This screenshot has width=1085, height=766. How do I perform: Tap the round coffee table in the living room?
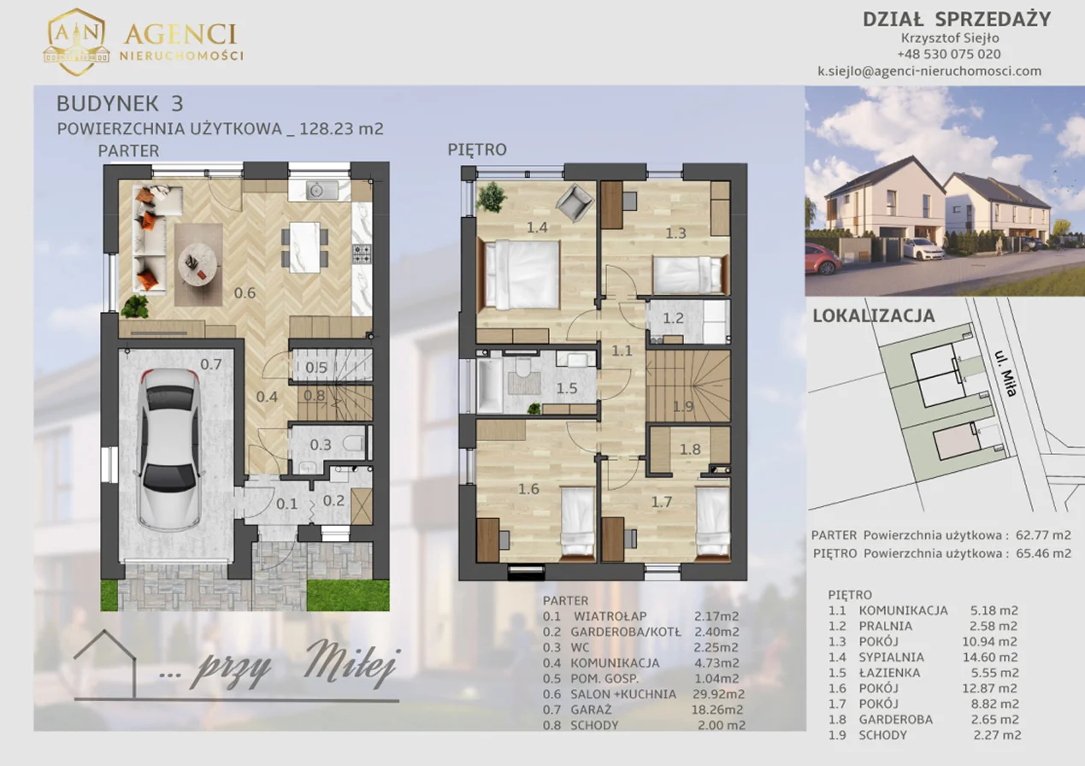[x=198, y=265]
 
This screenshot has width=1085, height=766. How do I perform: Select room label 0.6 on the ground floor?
[x=245, y=293]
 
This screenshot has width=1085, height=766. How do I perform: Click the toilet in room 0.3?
[x=354, y=443]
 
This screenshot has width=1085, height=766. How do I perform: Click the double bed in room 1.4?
[x=519, y=274]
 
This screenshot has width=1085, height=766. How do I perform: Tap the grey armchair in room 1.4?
[x=575, y=203]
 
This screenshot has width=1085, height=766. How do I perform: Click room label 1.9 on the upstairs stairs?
[x=683, y=406]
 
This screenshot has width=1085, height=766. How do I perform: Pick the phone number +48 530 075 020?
[x=949, y=54]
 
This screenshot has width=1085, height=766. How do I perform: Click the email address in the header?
[x=929, y=71]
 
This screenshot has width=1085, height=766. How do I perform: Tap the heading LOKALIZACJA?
[x=873, y=315]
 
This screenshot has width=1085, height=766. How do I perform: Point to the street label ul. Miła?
[x=1005, y=374]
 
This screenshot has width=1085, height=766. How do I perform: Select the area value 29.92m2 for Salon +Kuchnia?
[x=718, y=694]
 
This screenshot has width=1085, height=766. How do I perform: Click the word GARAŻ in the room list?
[x=591, y=710]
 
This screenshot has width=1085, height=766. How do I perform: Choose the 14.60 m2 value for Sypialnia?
[x=990, y=657]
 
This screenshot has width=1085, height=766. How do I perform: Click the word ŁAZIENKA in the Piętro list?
[x=889, y=673]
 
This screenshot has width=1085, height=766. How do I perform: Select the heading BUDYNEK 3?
[x=120, y=103]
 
